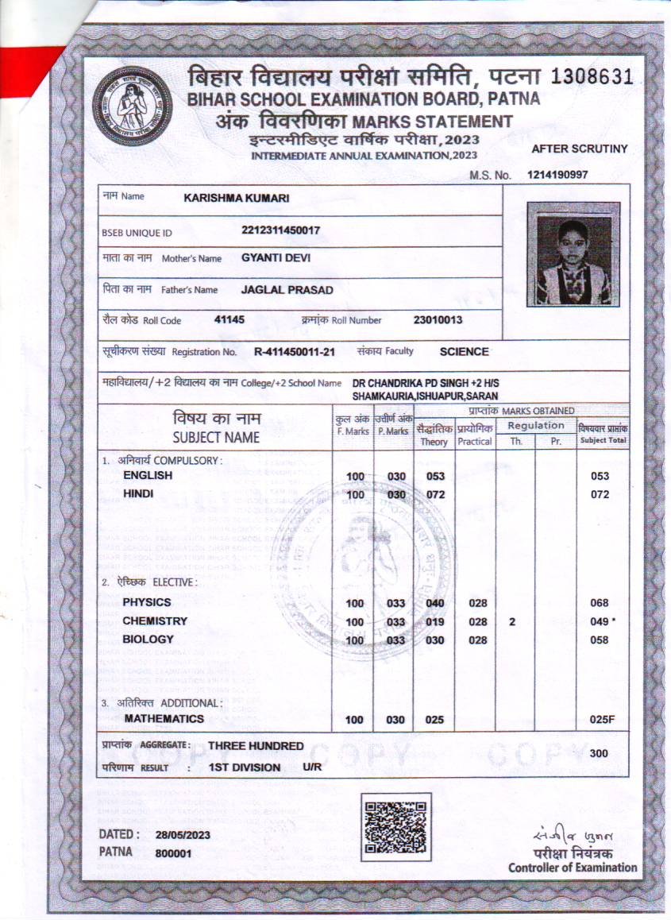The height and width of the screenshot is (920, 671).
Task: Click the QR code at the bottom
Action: (395, 827)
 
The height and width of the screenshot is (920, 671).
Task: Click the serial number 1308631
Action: (591, 77)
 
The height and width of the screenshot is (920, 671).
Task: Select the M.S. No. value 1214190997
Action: (557, 175)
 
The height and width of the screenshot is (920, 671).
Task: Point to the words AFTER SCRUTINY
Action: (579, 149)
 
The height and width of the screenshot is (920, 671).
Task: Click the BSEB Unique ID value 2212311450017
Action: (280, 231)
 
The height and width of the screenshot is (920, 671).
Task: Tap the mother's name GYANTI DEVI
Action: (276, 258)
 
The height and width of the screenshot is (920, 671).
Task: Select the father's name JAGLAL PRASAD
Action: (287, 290)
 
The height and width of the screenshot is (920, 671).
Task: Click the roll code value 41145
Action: (229, 319)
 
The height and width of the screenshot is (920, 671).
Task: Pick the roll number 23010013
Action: (438, 320)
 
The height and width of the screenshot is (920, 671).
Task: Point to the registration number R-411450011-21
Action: (295, 351)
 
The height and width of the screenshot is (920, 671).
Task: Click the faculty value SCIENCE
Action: (465, 351)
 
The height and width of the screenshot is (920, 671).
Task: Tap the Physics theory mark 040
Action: (434, 603)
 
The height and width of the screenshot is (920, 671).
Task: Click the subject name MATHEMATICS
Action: (164, 719)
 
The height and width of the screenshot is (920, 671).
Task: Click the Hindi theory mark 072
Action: (434, 495)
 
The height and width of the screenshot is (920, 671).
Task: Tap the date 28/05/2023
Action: (183, 835)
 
